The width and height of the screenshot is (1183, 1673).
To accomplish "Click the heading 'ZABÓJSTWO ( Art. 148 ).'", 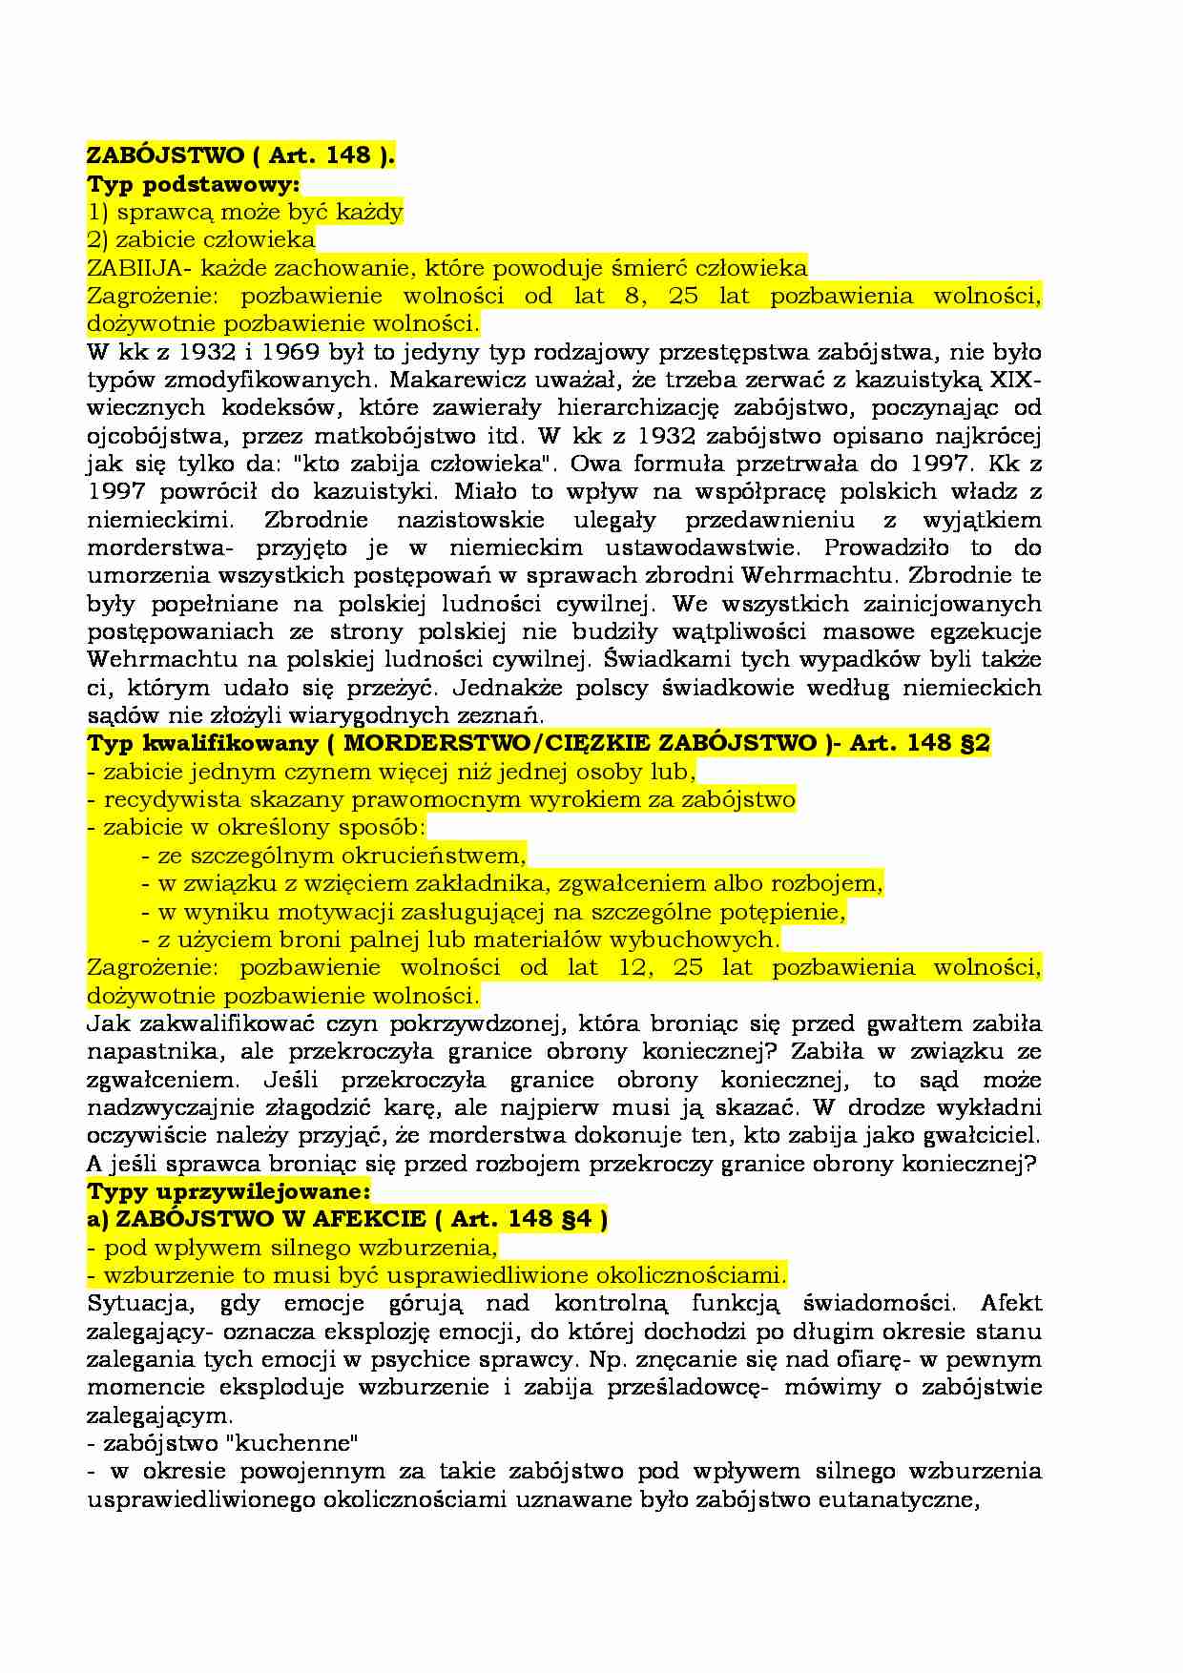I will tap(240, 155).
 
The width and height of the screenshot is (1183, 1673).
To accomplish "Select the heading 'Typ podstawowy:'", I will tap(194, 183).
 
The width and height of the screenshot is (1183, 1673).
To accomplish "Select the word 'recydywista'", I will tap(160, 799).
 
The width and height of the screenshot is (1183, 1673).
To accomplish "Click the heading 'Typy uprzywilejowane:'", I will tap(227, 1191).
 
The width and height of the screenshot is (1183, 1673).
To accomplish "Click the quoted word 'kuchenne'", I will tap(294, 1442).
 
